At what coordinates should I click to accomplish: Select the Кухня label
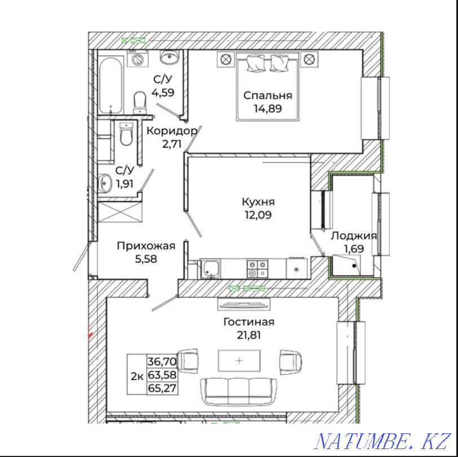click(258, 202)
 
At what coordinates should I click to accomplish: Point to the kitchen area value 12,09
click(258, 215)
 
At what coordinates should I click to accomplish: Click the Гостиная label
click(249, 322)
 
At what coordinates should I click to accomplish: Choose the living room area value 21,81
click(249, 335)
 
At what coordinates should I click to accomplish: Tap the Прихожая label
click(146, 246)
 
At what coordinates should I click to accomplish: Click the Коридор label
click(171, 131)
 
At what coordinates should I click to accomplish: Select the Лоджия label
click(354, 236)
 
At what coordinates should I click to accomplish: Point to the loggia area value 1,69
click(354, 249)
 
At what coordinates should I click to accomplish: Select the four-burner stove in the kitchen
click(257, 268)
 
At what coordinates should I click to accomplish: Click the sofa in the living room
click(239, 388)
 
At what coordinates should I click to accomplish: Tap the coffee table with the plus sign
click(239, 360)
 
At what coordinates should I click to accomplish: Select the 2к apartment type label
click(136, 375)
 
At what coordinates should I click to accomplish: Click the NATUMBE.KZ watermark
click(383, 439)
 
